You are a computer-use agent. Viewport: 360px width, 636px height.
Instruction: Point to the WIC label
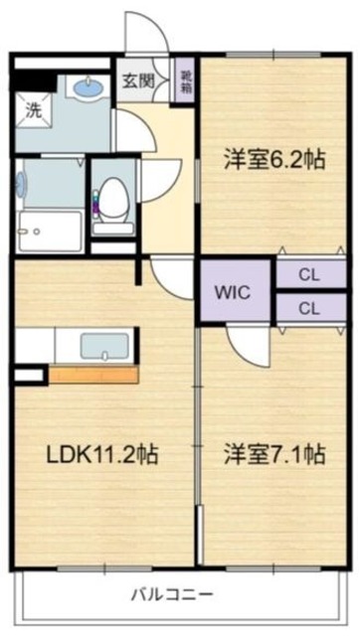[234, 292]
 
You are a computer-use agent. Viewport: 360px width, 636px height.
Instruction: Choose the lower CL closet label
[309, 308]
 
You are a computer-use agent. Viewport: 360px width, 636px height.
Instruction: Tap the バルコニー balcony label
[171, 596]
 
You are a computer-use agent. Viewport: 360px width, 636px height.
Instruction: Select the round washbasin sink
[89, 88]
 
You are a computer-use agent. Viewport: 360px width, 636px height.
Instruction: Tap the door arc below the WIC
[244, 343]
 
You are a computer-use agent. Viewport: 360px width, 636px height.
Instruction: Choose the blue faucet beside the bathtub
[20, 184]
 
